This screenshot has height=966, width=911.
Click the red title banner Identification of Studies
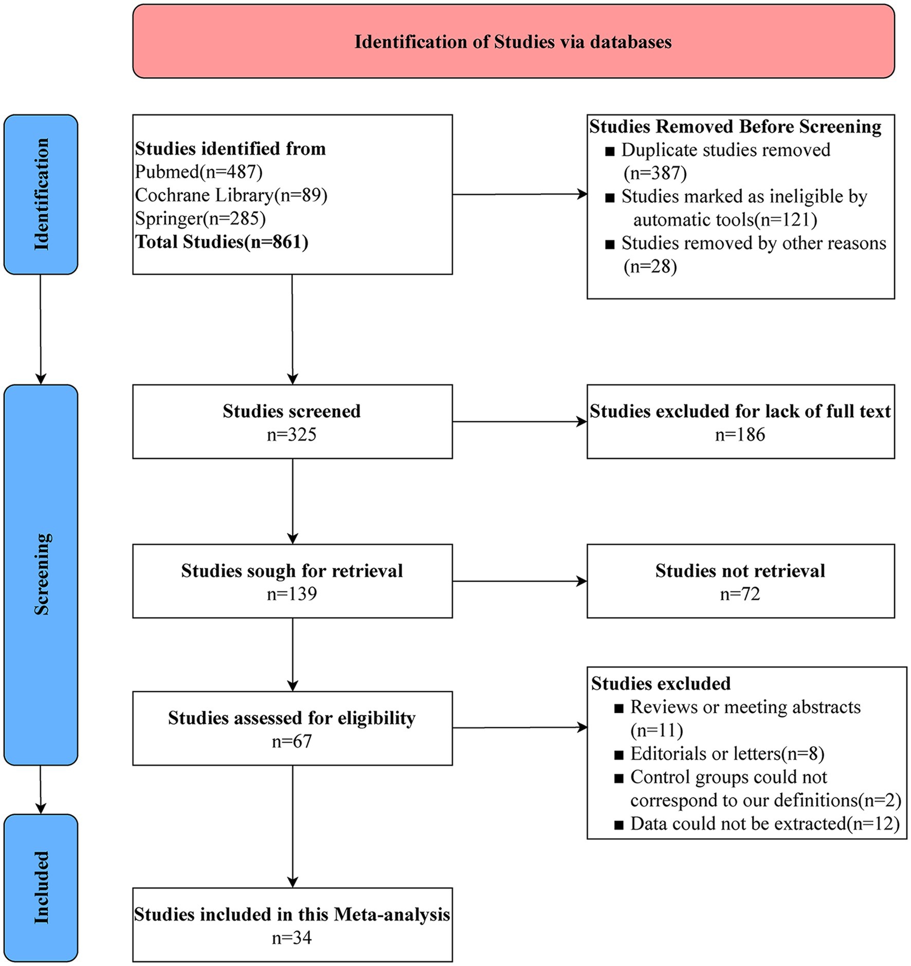click(513, 42)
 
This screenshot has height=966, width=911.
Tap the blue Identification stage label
click(41, 194)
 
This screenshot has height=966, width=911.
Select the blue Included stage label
click(41, 887)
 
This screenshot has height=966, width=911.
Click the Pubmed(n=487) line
click(199, 172)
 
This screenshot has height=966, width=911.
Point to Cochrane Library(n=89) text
click(231, 195)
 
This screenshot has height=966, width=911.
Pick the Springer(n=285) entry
click(201, 218)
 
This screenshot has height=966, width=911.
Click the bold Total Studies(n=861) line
click(222, 242)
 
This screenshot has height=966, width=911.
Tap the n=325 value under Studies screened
click(292, 435)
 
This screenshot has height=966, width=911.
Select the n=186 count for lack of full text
click(740, 435)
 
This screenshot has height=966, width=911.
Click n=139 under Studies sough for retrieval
click(292, 594)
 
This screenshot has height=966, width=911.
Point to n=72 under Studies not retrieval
click(740, 594)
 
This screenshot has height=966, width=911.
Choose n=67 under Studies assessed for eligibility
click(292, 741)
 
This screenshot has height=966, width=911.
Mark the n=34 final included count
click(292, 938)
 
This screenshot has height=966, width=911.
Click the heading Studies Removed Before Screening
click(735, 126)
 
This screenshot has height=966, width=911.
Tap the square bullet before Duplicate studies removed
click(610, 152)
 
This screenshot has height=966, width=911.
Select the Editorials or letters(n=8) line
click(727, 754)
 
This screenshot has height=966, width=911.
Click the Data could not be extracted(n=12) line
click(765, 824)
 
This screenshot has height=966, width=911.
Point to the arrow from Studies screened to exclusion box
click(520, 422)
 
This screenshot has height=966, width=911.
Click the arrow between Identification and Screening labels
click(41, 329)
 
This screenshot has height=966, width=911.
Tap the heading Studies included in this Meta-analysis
click(292, 915)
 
